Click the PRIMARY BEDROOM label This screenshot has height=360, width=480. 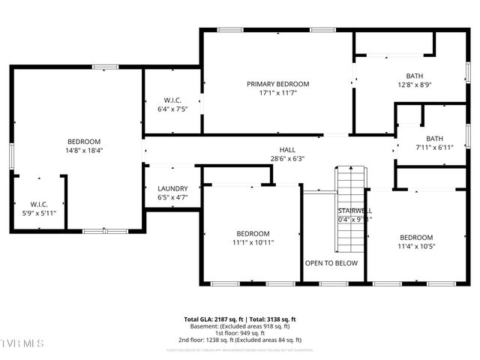(277, 84)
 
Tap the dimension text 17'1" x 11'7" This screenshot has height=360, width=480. (277, 93)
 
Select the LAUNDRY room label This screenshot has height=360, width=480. (172, 189)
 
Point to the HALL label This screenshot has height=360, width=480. (287, 149)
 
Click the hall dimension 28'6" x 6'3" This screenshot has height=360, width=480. (287, 158)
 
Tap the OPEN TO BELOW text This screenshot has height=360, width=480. (331, 263)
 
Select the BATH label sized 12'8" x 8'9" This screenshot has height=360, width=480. (414, 76)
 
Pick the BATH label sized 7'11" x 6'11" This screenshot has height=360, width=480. (435, 138)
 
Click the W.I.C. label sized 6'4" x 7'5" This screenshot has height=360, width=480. (172, 100)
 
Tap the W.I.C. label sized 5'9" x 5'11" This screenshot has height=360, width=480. (38, 204)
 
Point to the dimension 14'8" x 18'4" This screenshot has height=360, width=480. (84, 150)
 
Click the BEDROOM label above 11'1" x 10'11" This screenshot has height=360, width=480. (252, 233)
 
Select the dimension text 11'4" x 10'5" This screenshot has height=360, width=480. (415, 246)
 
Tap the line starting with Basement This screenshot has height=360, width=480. (240, 326)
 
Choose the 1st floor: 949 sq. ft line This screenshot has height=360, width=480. (240, 333)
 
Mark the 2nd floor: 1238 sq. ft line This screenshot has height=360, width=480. (240, 340)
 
